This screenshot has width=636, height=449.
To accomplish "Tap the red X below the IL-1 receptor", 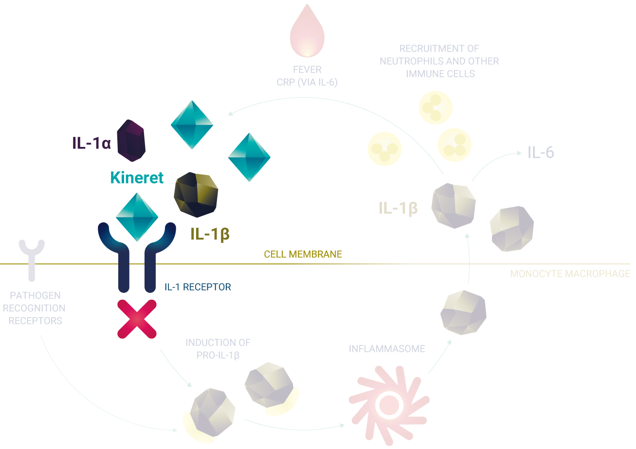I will (x=137, y=319).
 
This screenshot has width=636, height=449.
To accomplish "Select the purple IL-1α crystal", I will (x=132, y=140).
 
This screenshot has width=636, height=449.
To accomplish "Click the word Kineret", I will (x=137, y=178).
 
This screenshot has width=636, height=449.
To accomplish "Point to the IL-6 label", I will (x=541, y=153).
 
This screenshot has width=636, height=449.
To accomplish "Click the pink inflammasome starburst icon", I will (x=388, y=402).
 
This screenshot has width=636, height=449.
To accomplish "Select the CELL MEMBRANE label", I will (x=303, y=254).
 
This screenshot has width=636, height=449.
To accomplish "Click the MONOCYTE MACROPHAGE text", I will (x=570, y=274).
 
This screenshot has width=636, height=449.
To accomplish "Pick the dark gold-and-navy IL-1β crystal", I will (x=196, y=195).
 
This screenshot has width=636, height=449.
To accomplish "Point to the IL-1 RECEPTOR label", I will (x=197, y=287).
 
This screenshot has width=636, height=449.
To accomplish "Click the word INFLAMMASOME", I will (x=387, y=349).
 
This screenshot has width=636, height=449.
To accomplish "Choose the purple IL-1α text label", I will (x=92, y=143).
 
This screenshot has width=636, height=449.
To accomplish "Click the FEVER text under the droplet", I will (x=307, y=70).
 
